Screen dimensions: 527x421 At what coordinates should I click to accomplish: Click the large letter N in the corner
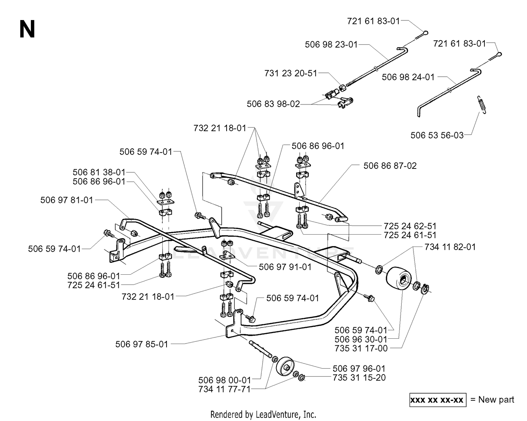coord(27,29)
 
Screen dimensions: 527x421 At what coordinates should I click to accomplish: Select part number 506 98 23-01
coord(331,45)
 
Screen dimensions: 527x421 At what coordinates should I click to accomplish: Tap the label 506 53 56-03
coord(437,135)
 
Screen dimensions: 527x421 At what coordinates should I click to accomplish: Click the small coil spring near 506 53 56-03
coord(481,105)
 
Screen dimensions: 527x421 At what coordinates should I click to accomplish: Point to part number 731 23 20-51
coord(291,73)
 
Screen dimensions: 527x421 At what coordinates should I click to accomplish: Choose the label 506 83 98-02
coord(273,104)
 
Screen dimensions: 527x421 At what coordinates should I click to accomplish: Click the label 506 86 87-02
coord(390,166)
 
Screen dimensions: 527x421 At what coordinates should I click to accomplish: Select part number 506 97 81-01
coord(67,200)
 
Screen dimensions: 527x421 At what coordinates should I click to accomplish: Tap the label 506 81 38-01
coord(99,172)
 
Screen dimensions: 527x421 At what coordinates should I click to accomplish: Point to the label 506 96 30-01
coord(361,339)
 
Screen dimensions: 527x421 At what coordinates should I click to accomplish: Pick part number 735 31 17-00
coord(361,349)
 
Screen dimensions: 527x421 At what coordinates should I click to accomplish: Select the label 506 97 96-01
coord(359,369)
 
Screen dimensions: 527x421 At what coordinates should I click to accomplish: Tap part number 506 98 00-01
coord(225,380)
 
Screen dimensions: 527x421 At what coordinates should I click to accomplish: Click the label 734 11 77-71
coord(225,389)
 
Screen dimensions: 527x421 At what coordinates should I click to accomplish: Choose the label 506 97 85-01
coord(142,344)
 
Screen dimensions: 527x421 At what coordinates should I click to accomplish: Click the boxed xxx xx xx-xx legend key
coord(438,400)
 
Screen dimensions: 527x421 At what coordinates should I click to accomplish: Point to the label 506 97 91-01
coord(285,267)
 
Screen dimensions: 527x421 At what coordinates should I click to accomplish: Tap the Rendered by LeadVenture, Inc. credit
coord(263,414)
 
